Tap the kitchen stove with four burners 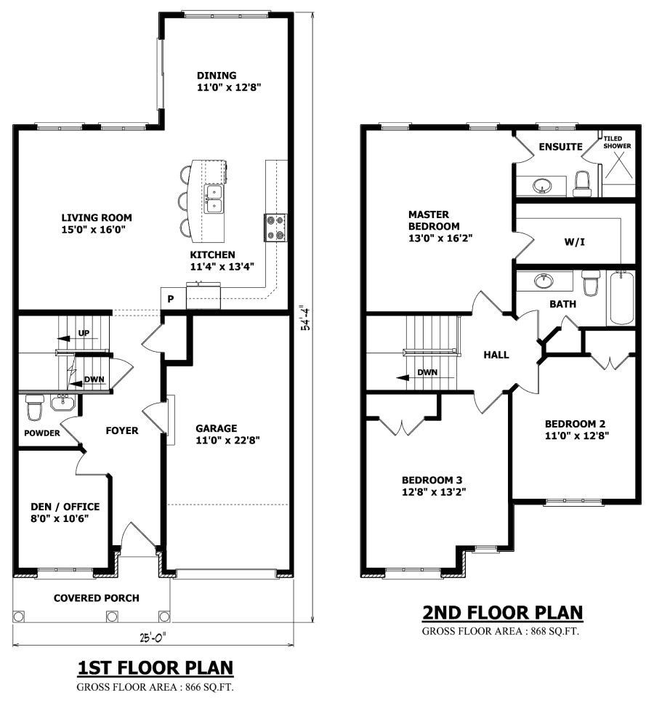click(276, 227)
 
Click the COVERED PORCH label click(96, 598)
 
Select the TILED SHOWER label click(618, 142)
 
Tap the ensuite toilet click(582, 183)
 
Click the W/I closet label click(574, 241)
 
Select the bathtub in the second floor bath click(621, 297)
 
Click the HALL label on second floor click(496, 355)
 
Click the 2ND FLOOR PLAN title click(502, 613)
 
